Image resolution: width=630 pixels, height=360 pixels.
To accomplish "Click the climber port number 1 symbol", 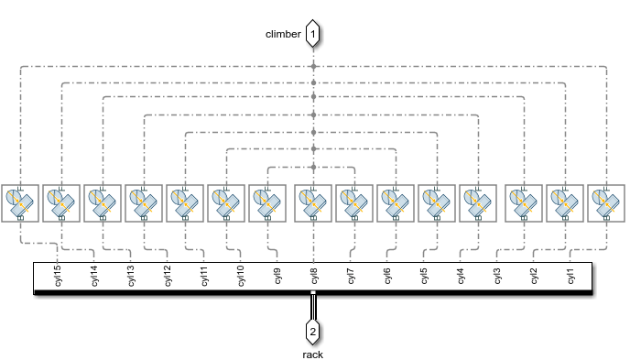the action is pyautogui.click(x=314, y=35).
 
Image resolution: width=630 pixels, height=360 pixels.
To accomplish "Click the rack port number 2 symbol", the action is pyautogui.click(x=313, y=331).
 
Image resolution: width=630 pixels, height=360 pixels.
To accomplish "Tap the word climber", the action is pyautogui.click(x=283, y=35).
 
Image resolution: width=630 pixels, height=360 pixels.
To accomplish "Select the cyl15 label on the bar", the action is pyautogui.click(x=58, y=277).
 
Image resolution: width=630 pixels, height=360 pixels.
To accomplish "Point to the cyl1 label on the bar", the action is pyautogui.click(x=570, y=277).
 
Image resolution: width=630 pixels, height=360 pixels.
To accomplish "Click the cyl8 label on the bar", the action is pyautogui.click(x=314, y=277).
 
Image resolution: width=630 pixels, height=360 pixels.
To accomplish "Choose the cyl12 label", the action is pyautogui.click(x=168, y=277).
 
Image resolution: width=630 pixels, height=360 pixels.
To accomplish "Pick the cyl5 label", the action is pyautogui.click(x=424, y=277).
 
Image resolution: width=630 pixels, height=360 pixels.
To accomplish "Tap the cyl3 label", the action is pyautogui.click(x=497, y=277).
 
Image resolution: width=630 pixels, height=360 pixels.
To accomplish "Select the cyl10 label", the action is pyautogui.click(x=241, y=277).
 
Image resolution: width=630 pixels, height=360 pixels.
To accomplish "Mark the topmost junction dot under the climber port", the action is pyautogui.click(x=314, y=67).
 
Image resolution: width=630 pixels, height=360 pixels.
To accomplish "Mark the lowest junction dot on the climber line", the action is pyautogui.click(x=314, y=167).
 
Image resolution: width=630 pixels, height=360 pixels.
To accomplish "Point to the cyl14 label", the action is pyautogui.click(x=94, y=277).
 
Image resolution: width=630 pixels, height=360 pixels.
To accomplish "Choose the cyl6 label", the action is pyautogui.click(x=387, y=277).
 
